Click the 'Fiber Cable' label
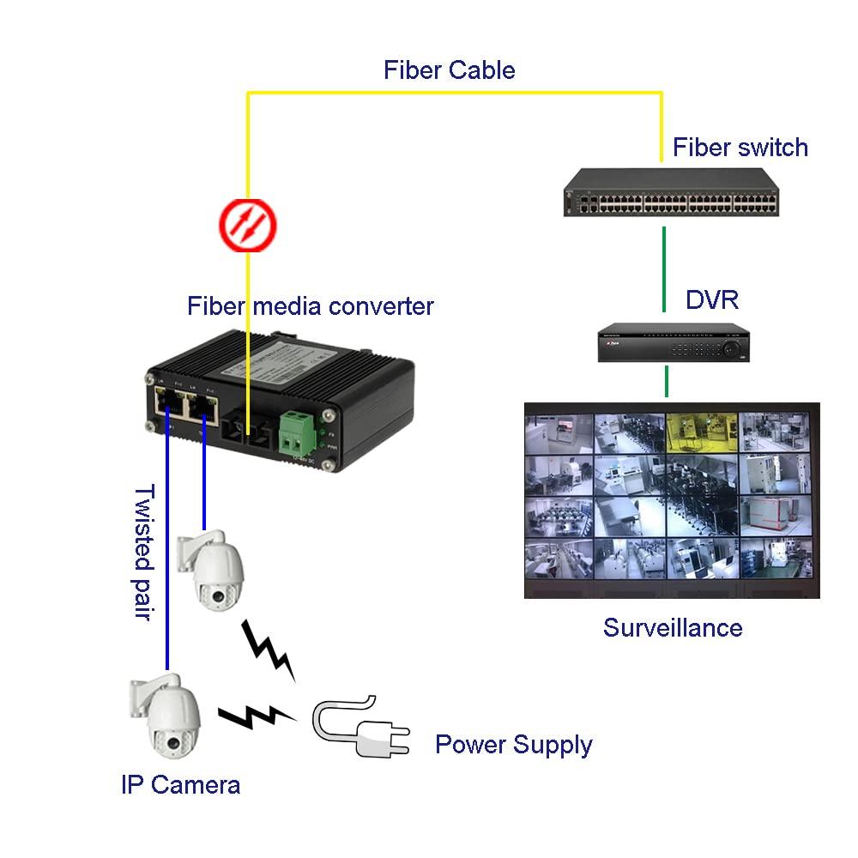[449, 69]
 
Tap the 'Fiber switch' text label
[740, 147]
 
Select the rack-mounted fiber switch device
[672, 194]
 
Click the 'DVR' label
[711, 299]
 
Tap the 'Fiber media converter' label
[311, 305]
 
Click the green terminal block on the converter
[298, 433]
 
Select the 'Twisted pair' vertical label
[143, 553]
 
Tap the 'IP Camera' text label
[180, 783]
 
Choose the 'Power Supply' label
[513, 744]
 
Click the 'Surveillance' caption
[672, 627]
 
